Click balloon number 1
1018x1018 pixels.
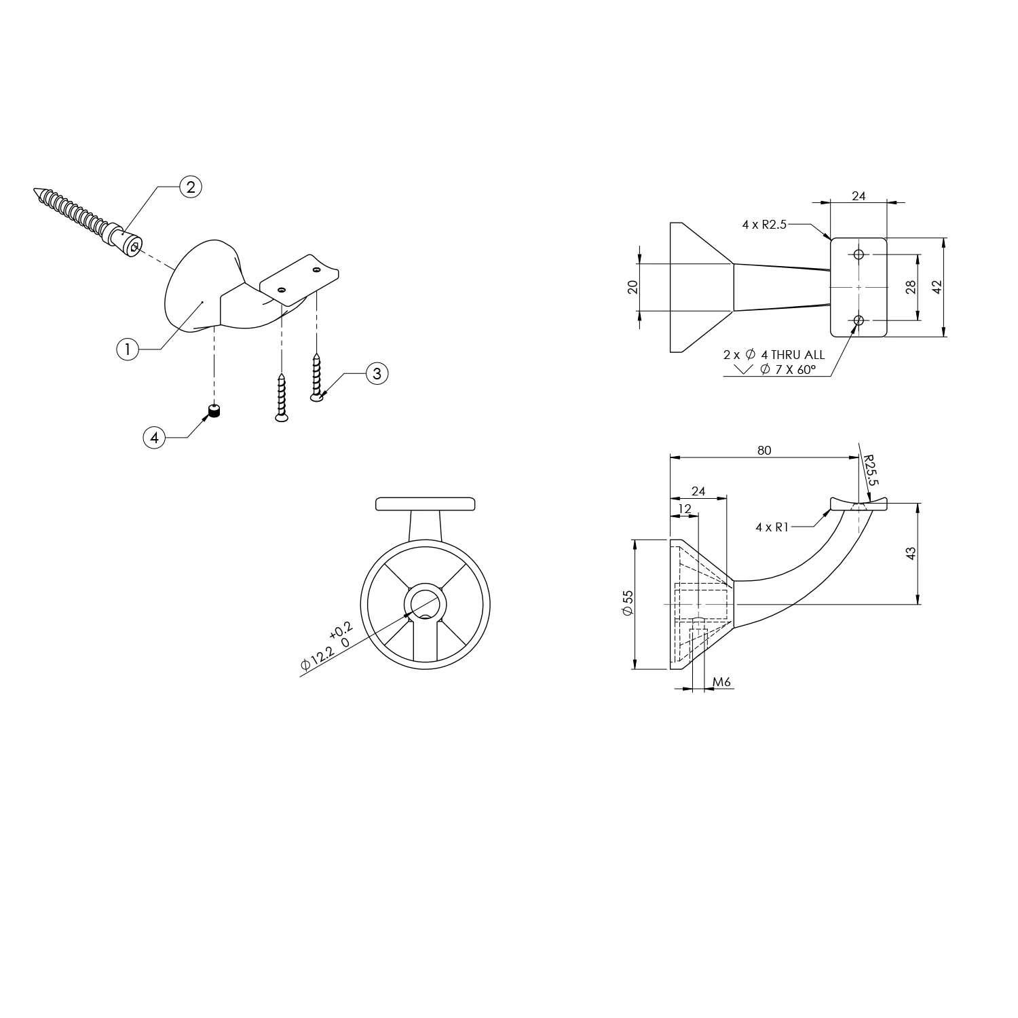click(x=127, y=350)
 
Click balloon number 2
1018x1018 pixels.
click(x=190, y=187)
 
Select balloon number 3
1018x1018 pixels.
click(x=377, y=373)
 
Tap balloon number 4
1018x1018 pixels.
click(x=154, y=438)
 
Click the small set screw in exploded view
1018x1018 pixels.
click(x=215, y=411)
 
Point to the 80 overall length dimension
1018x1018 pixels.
click(x=764, y=451)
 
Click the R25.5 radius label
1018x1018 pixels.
click(x=871, y=470)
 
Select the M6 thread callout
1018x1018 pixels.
click(x=722, y=681)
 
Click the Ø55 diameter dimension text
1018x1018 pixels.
click(x=627, y=603)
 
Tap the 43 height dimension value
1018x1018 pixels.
click(x=911, y=553)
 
